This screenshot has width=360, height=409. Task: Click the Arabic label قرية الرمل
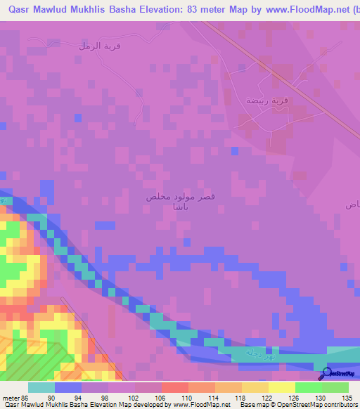coord(94,46)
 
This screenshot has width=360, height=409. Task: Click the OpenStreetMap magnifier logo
coord(326,373)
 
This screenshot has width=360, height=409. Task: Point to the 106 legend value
coord(161,398)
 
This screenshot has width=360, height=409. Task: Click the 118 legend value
coord(240,398)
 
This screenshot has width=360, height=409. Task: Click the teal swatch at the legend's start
coord(41,387)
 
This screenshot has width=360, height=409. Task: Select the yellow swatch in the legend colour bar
coord(281,387)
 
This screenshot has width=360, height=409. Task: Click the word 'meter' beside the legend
coord(11,398)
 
